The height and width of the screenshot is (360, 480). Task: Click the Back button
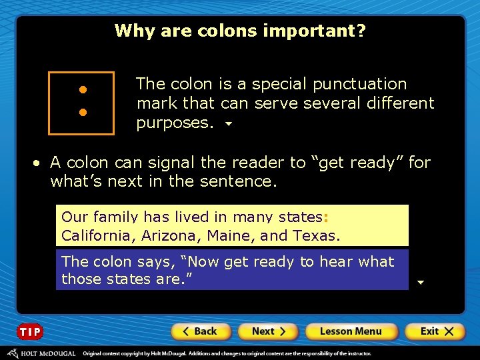tap(201, 331)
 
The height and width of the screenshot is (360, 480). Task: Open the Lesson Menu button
tap(350, 331)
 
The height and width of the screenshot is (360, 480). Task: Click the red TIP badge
tap(30, 332)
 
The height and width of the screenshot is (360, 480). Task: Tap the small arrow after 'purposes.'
tap(229, 124)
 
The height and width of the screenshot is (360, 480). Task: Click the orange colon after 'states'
tap(325, 217)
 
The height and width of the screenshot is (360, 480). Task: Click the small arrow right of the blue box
tap(420, 282)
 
